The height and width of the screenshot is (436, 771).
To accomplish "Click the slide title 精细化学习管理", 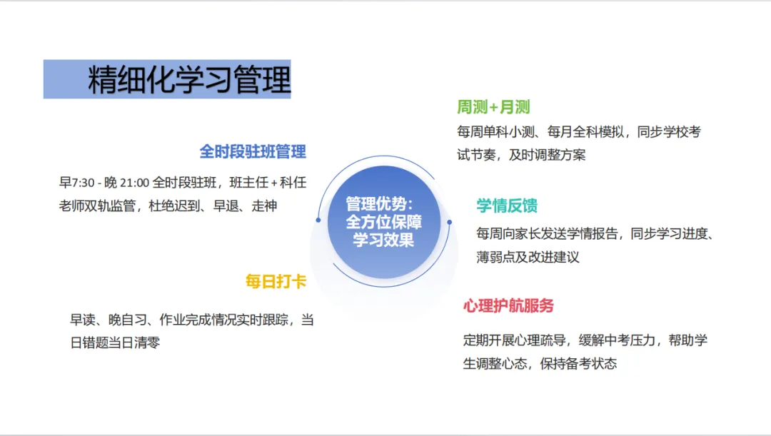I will tap(189, 80).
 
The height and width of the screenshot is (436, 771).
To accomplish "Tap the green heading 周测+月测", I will tap(493, 108).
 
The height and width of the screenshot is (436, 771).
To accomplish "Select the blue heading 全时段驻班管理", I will tap(253, 151).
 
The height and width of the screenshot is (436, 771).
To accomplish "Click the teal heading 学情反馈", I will tap(507, 206).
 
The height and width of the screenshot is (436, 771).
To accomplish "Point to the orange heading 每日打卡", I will tap(276, 282).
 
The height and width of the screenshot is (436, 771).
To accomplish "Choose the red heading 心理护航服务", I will tap(508, 306).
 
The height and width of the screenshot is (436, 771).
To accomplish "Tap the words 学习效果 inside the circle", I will tap(383, 240).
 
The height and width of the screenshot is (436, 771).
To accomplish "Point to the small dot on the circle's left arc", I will tap(318, 220).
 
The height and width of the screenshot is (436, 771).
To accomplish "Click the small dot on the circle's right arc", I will tap(449, 222).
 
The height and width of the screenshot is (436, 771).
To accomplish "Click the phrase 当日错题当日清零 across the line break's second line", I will tap(115, 343).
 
